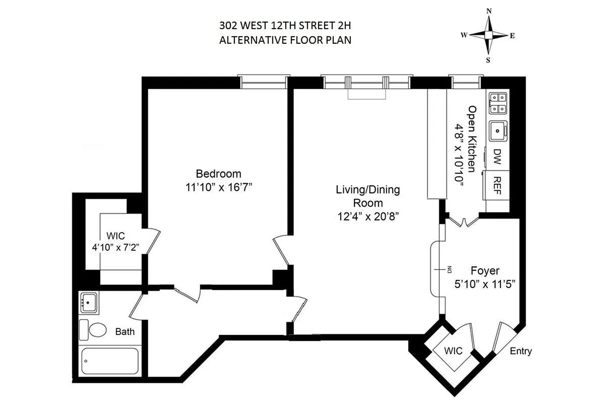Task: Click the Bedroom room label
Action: (218, 174)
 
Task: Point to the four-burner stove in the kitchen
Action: (498, 103)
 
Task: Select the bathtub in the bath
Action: (110, 361)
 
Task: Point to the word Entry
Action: (521, 352)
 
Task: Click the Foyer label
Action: (485, 271)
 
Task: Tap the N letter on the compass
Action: (488, 11)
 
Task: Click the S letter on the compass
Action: (488, 59)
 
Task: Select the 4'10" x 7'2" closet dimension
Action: (115, 247)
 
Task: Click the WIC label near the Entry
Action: (454, 350)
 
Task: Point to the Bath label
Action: (125, 332)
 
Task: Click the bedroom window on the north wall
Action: (264, 82)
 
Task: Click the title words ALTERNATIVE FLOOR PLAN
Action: (285, 40)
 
